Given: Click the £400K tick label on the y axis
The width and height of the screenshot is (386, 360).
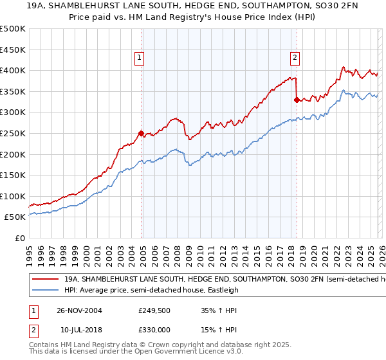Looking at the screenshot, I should [13, 70].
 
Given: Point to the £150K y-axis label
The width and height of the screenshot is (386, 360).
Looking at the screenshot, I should [13, 175].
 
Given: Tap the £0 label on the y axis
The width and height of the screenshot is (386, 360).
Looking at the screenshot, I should [20, 238].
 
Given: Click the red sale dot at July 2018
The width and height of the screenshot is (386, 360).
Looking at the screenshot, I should [297, 100].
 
